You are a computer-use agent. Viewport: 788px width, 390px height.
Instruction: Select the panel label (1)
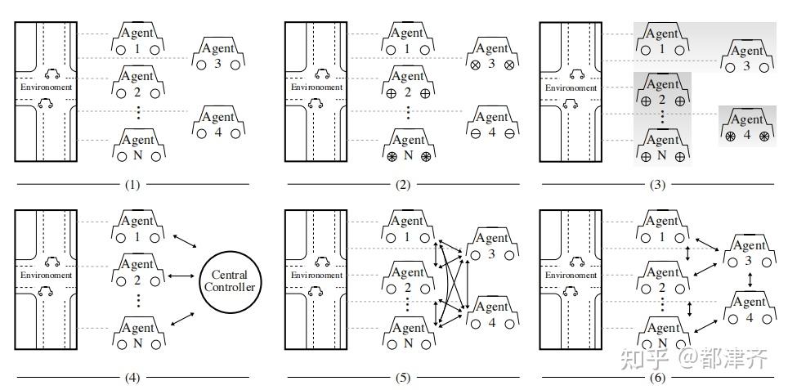pos(132,185)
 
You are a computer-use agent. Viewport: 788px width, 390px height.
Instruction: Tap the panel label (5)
pos(403,378)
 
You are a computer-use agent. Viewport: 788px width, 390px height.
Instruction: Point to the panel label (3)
pos(656,185)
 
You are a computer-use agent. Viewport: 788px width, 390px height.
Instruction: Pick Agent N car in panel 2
pos(406,146)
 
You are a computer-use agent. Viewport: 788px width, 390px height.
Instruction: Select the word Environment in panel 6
pos(571,275)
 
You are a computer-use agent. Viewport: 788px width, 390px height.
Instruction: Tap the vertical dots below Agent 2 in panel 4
pos(137,300)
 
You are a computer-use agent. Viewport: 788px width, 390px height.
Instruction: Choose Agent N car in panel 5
pos(406,334)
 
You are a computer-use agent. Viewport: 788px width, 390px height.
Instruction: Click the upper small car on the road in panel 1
pos(51,74)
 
